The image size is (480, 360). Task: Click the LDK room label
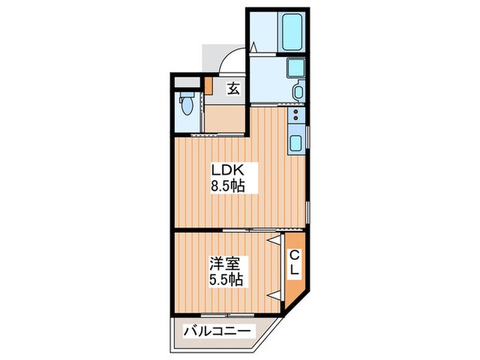pyautogui.click(x=228, y=170)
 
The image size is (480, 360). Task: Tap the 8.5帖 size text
pyautogui.click(x=228, y=185)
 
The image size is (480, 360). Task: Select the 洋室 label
pyautogui.click(x=225, y=264)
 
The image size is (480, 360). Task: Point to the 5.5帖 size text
pyautogui.click(x=226, y=279)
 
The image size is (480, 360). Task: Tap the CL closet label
pyautogui.click(x=294, y=262)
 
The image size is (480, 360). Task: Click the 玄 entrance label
pyautogui.click(x=233, y=88)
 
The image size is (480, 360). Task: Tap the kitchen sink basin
pyautogui.click(x=296, y=143)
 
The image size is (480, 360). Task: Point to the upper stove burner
pyautogui.click(x=296, y=112)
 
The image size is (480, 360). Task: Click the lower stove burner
pyautogui.click(x=296, y=118)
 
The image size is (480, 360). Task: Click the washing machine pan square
pyautogui.click(x=296, y=68)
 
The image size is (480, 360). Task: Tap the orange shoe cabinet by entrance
pyautogui.click(x=208, y=86)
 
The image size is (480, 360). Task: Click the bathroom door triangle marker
pyautogui.click(x=254, y=48)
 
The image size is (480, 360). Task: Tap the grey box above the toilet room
pyautogui.click(x=187, y=82)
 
